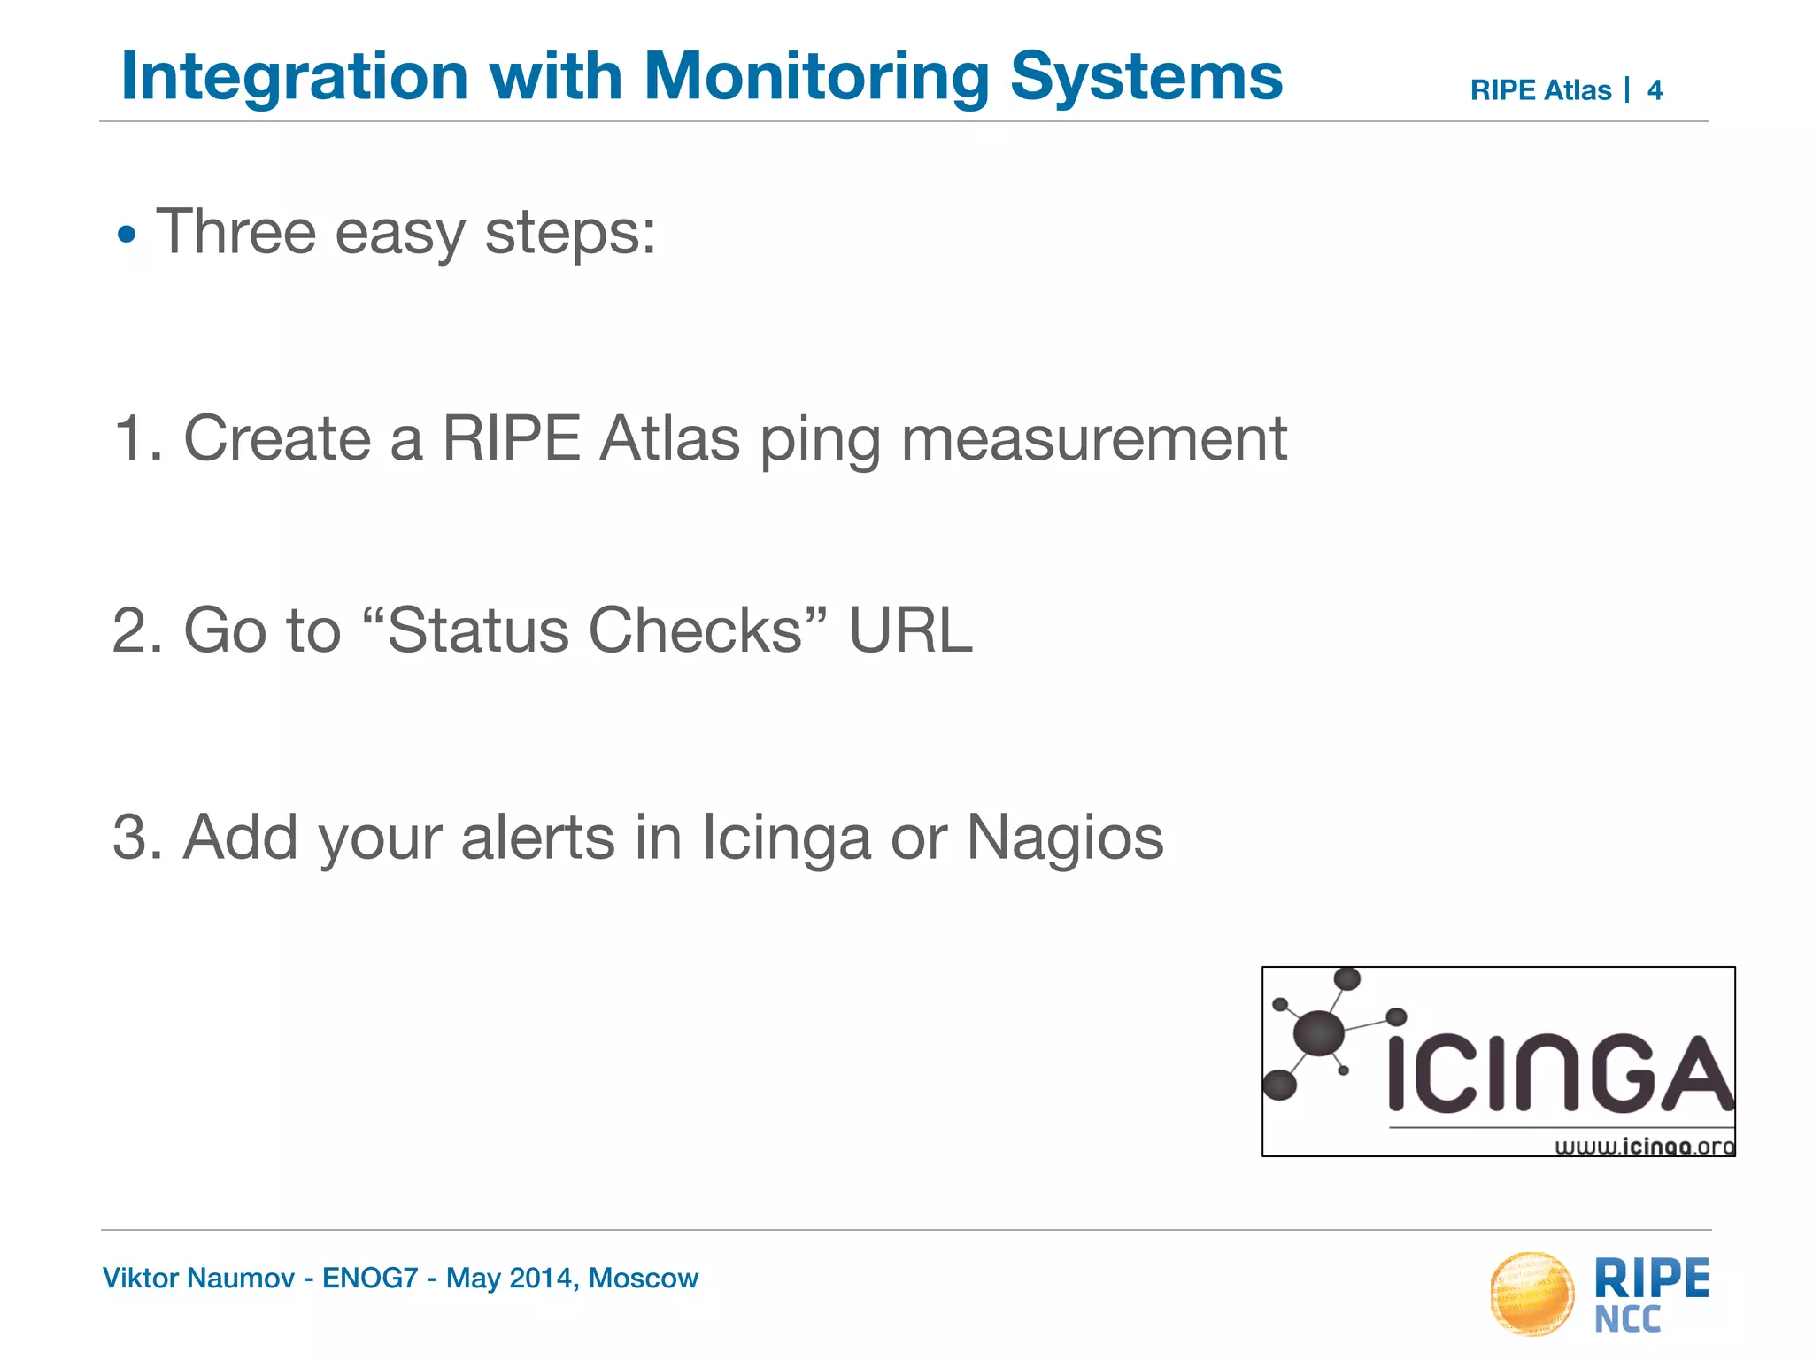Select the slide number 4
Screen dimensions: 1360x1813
[1655, 90]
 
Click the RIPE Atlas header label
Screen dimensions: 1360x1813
[1540, 90]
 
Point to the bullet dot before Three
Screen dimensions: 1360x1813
[127, 236]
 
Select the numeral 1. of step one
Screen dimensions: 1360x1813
[136, 438]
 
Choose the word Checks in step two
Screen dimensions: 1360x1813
[695, 630]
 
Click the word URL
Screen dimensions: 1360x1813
[910, 630]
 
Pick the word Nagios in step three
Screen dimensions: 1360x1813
[1064, 838]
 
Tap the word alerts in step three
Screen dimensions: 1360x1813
[537, 838]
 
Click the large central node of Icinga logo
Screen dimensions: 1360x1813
[1319, 1032]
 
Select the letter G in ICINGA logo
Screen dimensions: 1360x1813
[1622, 1073]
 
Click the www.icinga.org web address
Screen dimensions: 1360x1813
[1645, 1147]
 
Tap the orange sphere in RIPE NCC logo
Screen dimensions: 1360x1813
[1532, 1294]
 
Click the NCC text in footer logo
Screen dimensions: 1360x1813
[1627, 1320]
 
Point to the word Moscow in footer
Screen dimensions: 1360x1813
[644, 1279]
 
